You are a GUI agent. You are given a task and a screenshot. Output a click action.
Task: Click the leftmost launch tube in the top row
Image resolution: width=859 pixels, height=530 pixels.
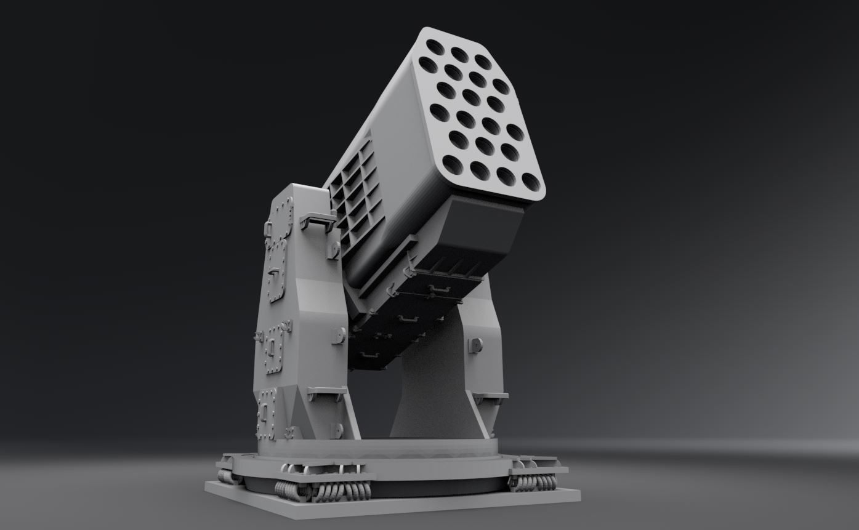[435, 47]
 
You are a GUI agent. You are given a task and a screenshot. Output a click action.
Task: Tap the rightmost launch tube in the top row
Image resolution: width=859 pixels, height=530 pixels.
[483, 62]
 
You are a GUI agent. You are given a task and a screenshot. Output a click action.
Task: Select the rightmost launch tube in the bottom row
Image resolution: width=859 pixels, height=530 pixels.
[531, 182]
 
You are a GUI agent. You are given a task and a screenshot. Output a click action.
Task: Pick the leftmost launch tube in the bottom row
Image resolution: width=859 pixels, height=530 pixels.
[453, 164]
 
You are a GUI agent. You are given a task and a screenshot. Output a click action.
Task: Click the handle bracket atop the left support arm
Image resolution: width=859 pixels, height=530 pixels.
[317, 220]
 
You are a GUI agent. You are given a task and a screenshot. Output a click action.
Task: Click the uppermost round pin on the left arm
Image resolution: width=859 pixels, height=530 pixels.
[334, 250]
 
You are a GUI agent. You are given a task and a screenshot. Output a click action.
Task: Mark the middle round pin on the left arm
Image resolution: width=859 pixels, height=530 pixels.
[338, 335]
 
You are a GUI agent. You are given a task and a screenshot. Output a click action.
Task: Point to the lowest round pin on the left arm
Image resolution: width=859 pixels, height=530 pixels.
[336, 430]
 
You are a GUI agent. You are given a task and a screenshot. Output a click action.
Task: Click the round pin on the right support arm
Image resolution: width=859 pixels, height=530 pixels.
[475, 345]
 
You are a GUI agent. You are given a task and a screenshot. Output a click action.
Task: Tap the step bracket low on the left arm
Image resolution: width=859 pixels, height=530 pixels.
[326, 393]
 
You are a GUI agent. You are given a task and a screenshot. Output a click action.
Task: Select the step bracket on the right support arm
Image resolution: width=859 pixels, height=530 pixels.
[490, 397]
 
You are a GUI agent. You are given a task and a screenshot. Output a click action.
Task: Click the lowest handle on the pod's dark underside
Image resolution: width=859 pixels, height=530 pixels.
[369, 356]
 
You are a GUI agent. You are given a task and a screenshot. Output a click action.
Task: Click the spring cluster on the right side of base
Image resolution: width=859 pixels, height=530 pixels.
[533, 482]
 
